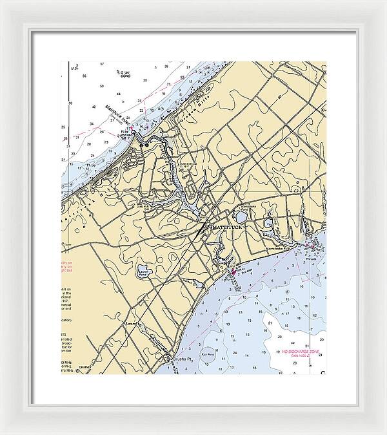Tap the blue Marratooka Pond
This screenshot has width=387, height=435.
(240, 218)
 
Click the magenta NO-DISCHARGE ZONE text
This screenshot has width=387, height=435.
(301, 352)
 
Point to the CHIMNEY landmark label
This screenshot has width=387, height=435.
(83, 366)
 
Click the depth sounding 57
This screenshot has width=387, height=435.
(102, 64)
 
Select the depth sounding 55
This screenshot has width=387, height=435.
(84, 76)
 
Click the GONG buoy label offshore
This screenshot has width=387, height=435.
(125, 75)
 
